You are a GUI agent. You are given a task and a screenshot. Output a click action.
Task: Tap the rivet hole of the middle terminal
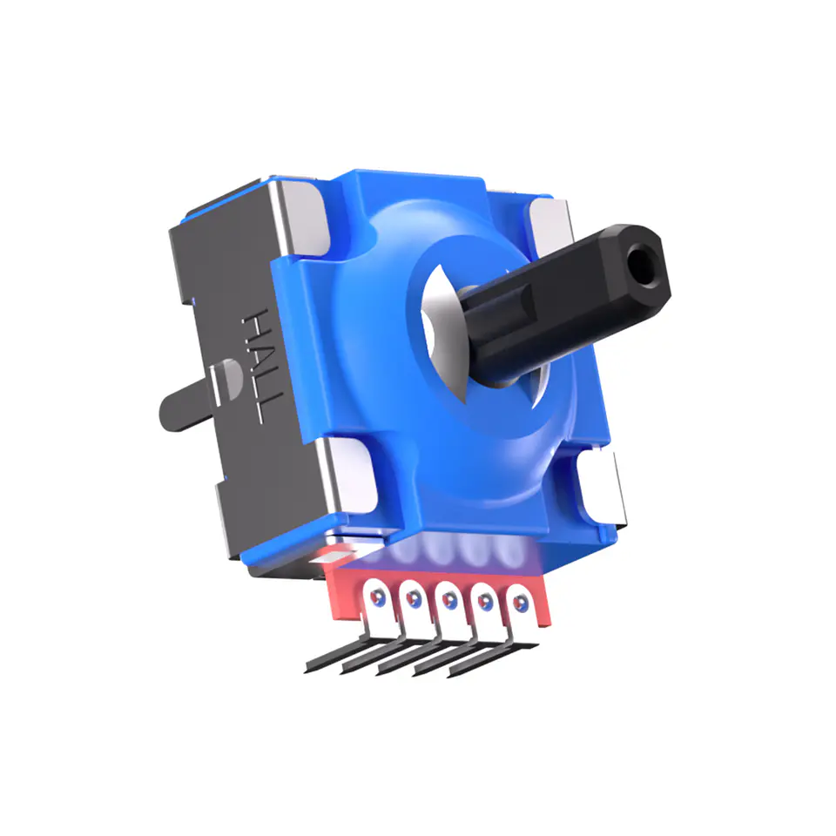point(448,599)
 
